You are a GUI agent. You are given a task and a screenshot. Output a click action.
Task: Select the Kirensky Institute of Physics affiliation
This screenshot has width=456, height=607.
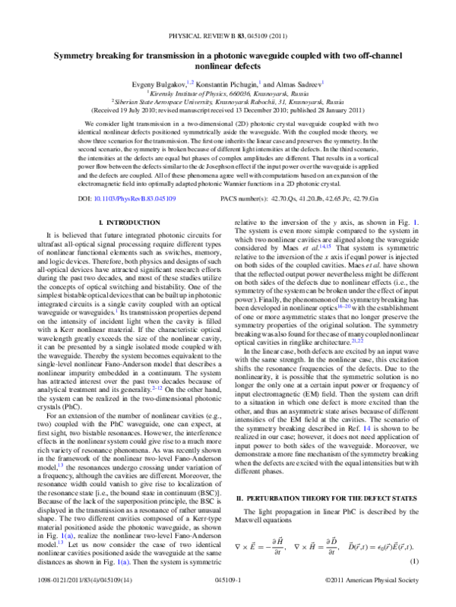click(228, 90)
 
